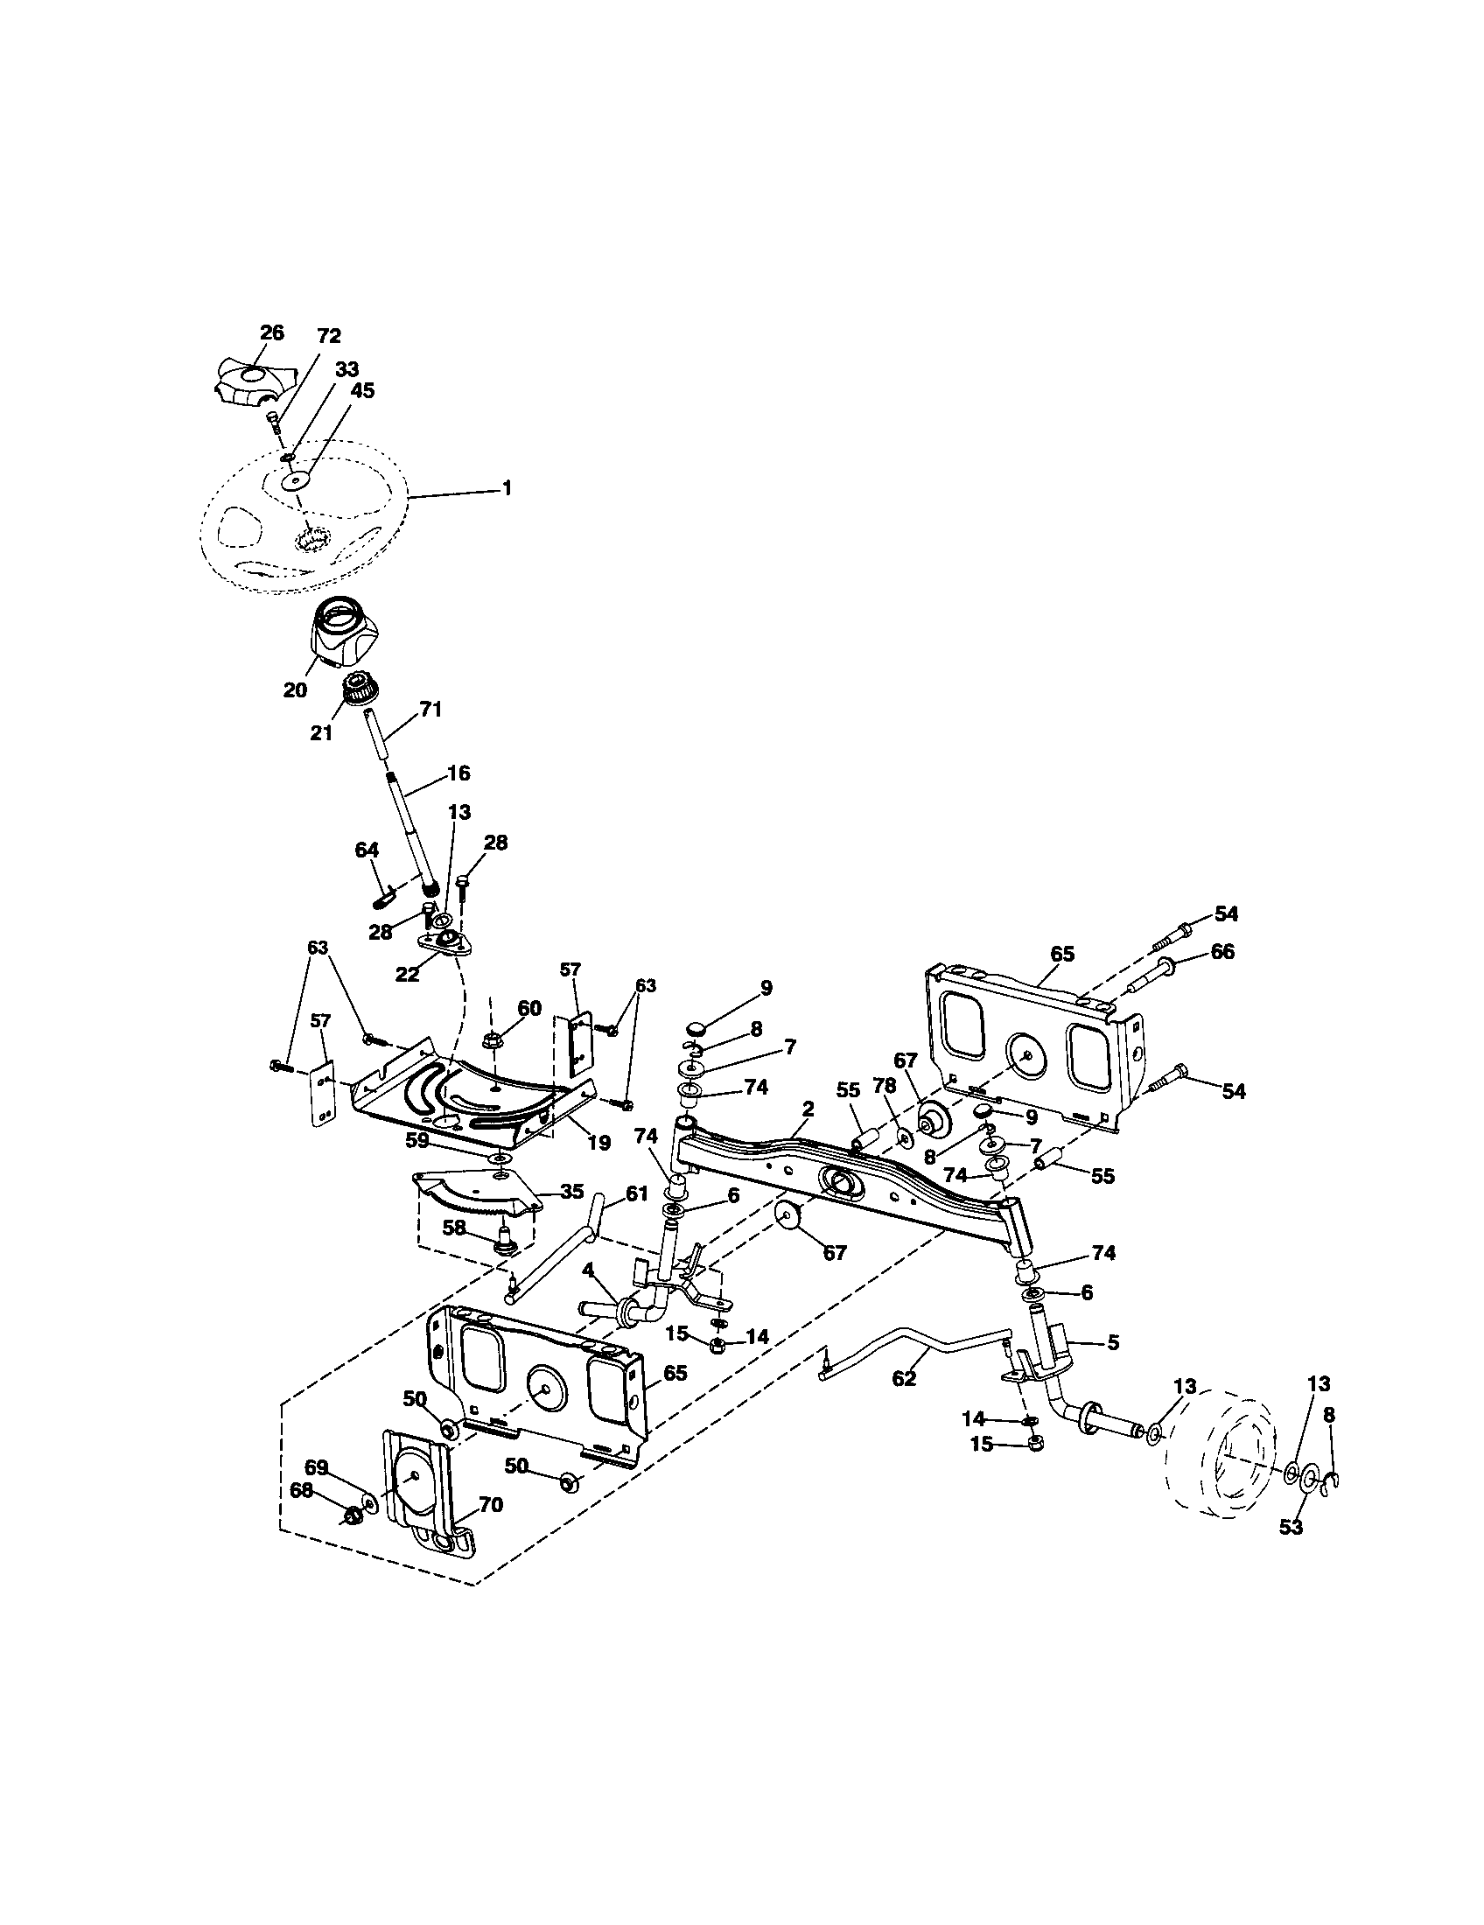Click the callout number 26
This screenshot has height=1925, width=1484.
(272, 332)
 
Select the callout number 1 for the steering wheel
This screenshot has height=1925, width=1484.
(506, 487)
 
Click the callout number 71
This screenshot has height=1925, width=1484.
(430, 709)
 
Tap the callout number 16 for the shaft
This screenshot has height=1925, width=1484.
(458, 773)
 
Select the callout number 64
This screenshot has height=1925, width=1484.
(367, 850)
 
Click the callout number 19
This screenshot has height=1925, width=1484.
(598, 1144)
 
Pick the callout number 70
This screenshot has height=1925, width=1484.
(490, 1505)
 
